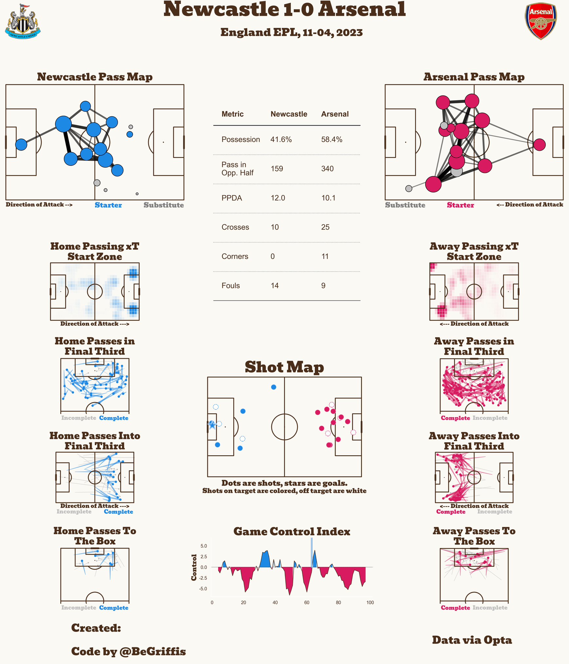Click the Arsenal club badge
pyautogui.click(x=541, y=21)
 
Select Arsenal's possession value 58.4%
pyautogui.click(x=332, y=140)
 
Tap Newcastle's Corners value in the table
pyautogui.click(x=273, y=256)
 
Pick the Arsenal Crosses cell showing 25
pyautogui.click(x=325, y=227)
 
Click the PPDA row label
pyautogui.click(x=232, y=198)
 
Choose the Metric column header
pyautogui.click(x=233, y=114)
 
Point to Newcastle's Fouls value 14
pyautogui.click(x=275, y=285)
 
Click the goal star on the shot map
pyautogui.click(x=212, y=425)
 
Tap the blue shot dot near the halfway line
pyautogui.click(x=274, y=387)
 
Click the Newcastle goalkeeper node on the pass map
pyautogui.click(x=21, y=145)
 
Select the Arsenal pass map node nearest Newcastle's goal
pyautogui.click(x=539, y=145)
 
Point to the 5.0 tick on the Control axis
pyautogui.click(x=203, y=546)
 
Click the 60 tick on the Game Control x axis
pyautogui.click(x=307, y=602)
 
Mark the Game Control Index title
pyautogui.click(x=292, y=531)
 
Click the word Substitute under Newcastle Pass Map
pyautogui.click(x=164, y=205)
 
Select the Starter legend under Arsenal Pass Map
pyautogui.click(x=460, y=205)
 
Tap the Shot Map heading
pyautogui.click(x=284, y=367)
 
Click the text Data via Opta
pyautogui.click(x=472, y=640)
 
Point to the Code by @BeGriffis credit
pyautogui.click(x=128, y=651)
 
